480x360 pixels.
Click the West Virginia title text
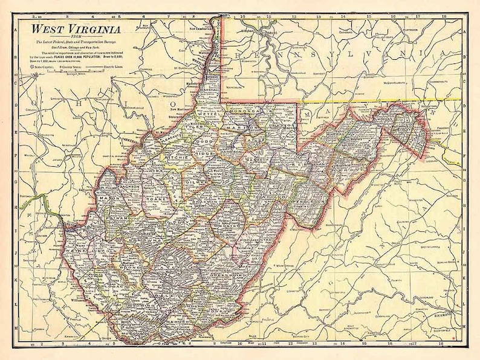(x=76, y=28)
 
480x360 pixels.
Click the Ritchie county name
(x=177, y=161)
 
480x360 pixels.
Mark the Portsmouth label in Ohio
(x=28, y=196)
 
